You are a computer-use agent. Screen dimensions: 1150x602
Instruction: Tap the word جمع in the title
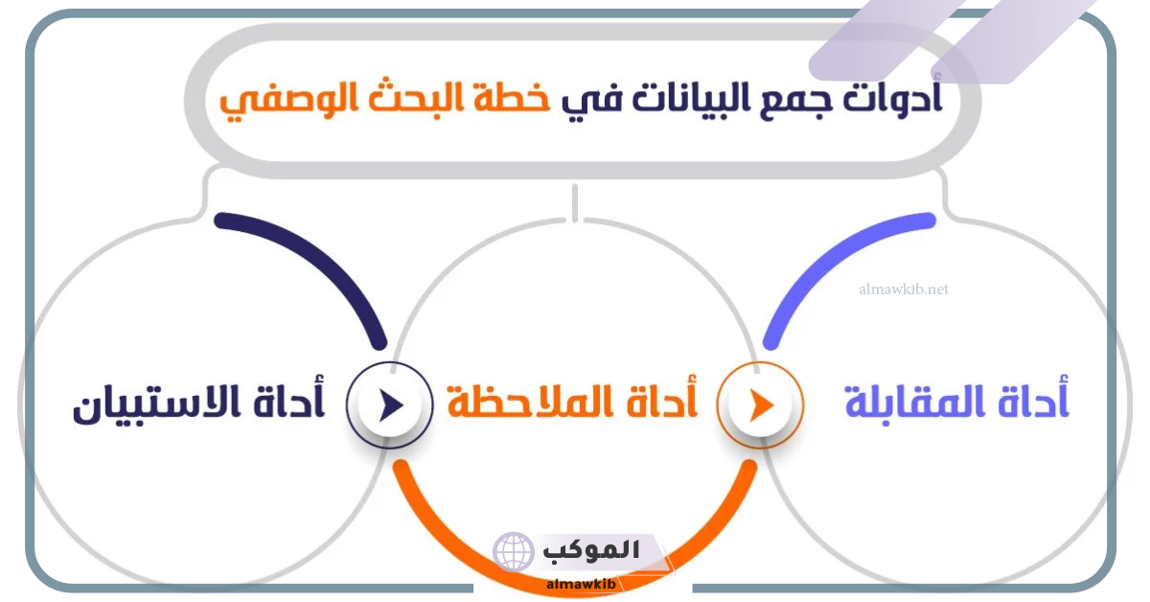click(x=790, y=101)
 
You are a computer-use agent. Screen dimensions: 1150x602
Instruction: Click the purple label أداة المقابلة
click(x=957, y=402)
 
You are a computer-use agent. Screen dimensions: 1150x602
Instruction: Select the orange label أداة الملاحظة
click(x=572, y=402)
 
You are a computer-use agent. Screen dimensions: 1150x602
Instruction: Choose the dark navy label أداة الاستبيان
click(x=199, y=403)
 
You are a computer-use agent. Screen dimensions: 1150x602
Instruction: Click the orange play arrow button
click(x=760, y=405)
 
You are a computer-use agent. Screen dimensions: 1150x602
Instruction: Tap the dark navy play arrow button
click(x=390, y=405)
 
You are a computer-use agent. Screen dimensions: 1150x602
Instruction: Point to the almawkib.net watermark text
click(x=904, y=289)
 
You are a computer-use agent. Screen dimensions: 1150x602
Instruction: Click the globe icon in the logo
click(x=514, y=552)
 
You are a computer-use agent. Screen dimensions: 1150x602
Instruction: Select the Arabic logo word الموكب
click(x=591, y=550)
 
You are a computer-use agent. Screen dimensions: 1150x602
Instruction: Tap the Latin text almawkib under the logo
click(x=581, y=584)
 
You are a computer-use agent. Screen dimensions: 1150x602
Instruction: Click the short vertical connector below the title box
click(x=575, y=203)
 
